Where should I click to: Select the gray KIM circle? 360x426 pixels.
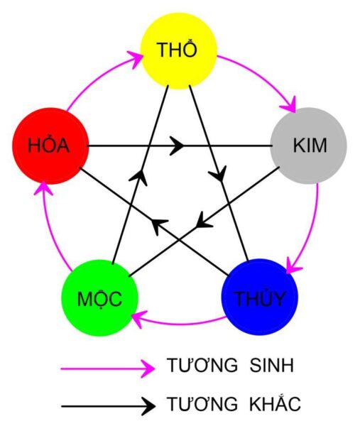310,146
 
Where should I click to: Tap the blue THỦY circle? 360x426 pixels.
260,296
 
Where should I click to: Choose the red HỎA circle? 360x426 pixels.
49,145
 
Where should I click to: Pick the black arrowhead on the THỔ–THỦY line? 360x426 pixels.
220,172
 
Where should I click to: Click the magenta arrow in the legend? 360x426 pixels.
107,367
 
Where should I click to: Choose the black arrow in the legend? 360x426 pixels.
107,405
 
